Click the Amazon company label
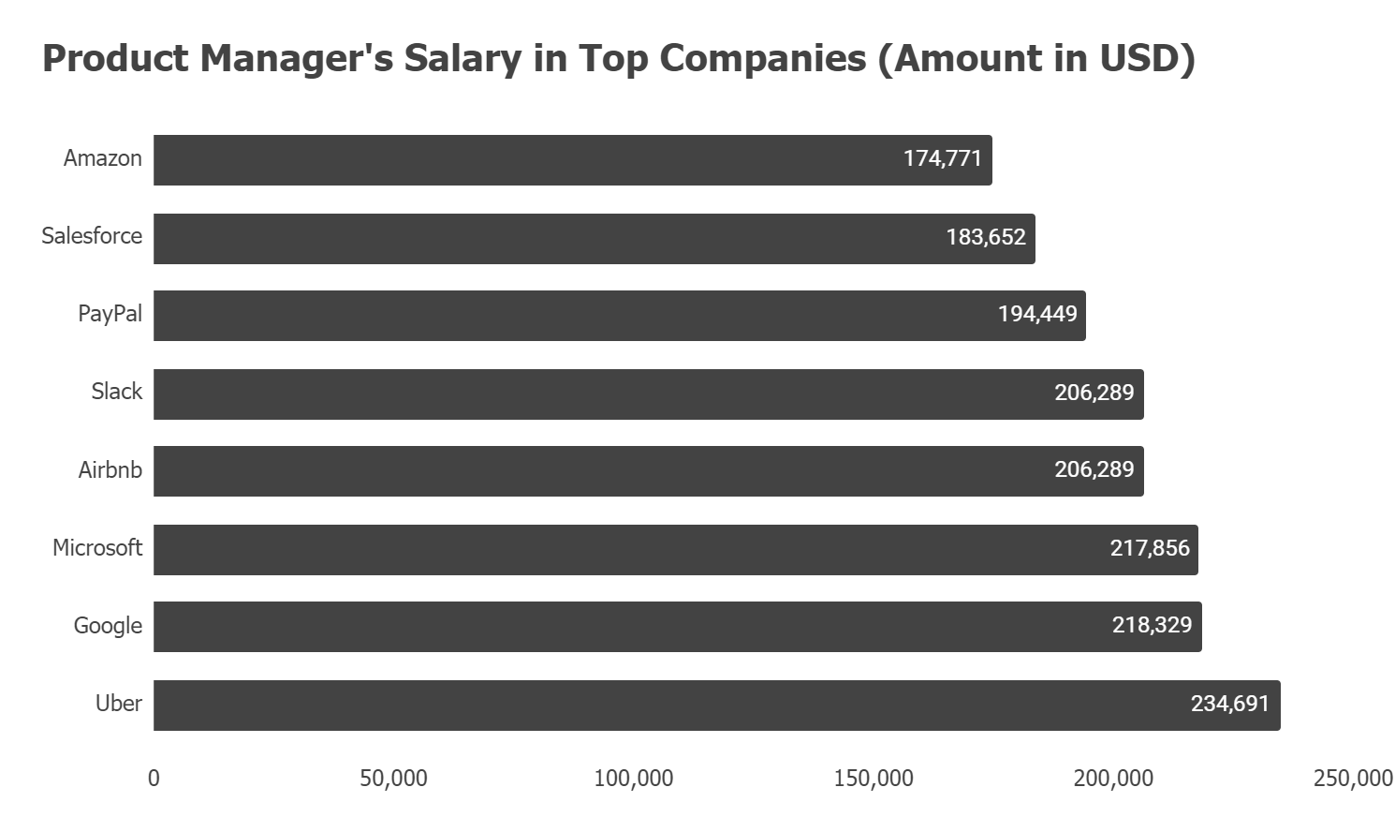[x=102, y=158]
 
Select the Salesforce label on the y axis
[x=92, y=236]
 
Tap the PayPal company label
[x=110, y=314]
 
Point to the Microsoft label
[x=97, y=548]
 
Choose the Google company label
[x=108, y=626]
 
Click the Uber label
[x=118, y=704]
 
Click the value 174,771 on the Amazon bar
[x=942, y=158]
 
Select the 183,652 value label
[x=985, y=237]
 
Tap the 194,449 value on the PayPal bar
[x=1036, y=314]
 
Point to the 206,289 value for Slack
[x=1094, y=393]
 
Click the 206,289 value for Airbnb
[x=1094, y=469]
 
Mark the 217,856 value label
[x=1149, y=548]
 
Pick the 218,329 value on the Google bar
[x=1152, y=625]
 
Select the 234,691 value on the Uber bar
[x=1229, y=704]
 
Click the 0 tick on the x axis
[x=154, y=779]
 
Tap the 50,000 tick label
[x=393, y=779]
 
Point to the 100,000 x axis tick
[x=633, y=779]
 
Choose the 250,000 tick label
[x=1352, y=779]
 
